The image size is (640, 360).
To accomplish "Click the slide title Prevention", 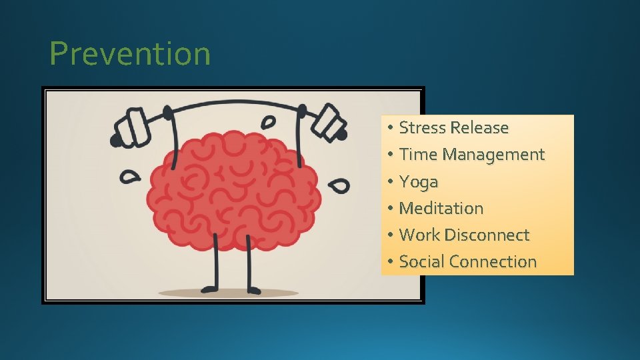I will pos(130,54).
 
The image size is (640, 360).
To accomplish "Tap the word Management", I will pos(493,155).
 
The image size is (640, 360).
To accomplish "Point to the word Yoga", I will pos(419,182).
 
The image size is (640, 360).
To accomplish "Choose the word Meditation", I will pos(441,208).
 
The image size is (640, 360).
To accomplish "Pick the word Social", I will pos(422,261).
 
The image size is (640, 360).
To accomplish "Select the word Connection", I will pos(493,261).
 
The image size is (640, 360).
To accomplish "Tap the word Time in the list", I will pos(418,155).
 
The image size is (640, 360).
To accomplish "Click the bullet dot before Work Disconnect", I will pos(389,235).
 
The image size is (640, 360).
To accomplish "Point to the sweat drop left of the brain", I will pos(131,176).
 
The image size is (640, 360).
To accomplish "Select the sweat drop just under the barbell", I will pos(268,123).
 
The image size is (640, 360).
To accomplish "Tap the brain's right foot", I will pos(253,289).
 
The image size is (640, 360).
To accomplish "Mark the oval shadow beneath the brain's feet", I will pos(229,293).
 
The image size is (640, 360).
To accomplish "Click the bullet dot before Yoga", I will pos(389,182).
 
